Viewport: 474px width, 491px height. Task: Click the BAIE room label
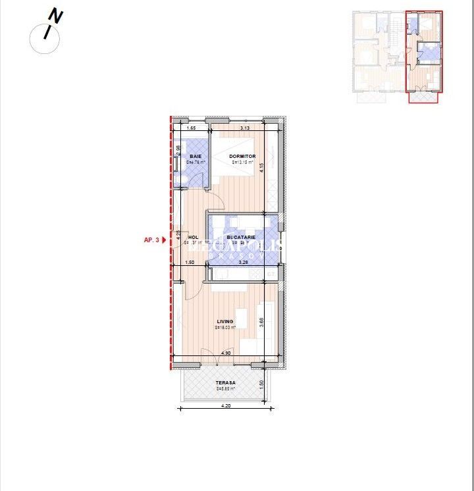196,156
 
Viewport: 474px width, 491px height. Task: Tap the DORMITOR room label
242,156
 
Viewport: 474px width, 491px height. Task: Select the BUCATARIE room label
241,237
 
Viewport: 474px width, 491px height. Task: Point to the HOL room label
193,237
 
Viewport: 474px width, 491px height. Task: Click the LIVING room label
226,321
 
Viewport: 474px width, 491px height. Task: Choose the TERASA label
225,382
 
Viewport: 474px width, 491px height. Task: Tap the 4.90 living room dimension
225,353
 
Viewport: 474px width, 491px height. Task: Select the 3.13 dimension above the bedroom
244,128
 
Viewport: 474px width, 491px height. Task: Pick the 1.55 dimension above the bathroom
191,128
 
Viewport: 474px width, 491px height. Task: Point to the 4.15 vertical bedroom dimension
261,167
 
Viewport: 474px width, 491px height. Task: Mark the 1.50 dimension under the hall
190,262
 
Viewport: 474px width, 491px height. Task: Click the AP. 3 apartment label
151,240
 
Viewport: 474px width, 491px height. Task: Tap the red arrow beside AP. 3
165,240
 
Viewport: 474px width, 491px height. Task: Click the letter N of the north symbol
56,16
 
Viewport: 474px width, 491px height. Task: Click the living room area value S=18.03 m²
225,327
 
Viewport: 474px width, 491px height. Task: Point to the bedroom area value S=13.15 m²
242,162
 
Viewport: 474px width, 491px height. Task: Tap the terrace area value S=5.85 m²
225,388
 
